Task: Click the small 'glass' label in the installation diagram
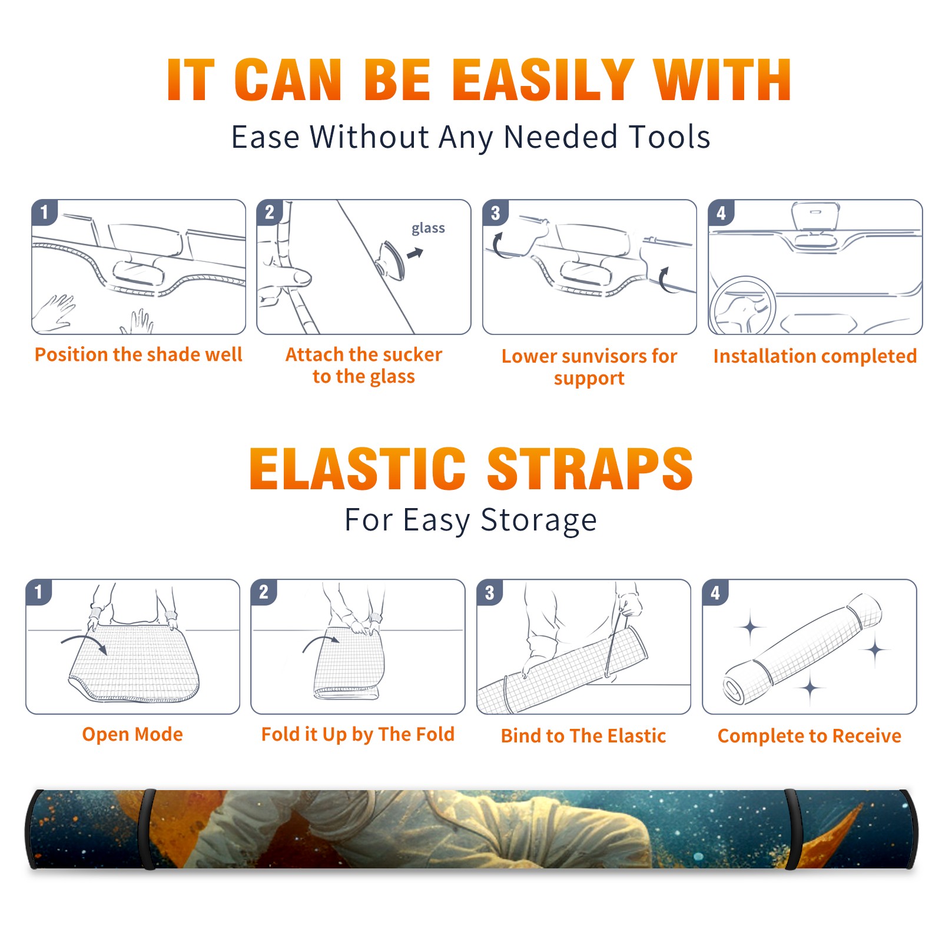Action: pyautogui.click(x=428, y=228)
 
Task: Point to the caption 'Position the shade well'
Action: pyautogui.click(x=138, y=354)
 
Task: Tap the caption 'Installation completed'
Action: pyautogui.click(x=815, y=356)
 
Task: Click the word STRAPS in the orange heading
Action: pyautogui.click(x=590, y=469)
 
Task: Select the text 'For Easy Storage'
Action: pyautogui.click(x=471, y=520)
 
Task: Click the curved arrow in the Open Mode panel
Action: pyautogui.click(x=84, y=644)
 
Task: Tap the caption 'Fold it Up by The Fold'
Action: pyautogui.click(x=358, y=734)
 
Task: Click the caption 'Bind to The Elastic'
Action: pyautogui.click(x=583, y=735)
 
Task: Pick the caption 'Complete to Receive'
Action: pyautogui.click(x=810, y=736)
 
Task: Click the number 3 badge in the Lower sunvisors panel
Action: pyautogui.click(x=495, y=213)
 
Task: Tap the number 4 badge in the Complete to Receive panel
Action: pyautogui.click(x=715, y=593)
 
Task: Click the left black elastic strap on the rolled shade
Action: pyautogui.click(x=148, y=829)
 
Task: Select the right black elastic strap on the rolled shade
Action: pyautogui.click(x=792, y=829)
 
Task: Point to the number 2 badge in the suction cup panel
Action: pyautogui.click(x=270, y=213)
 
